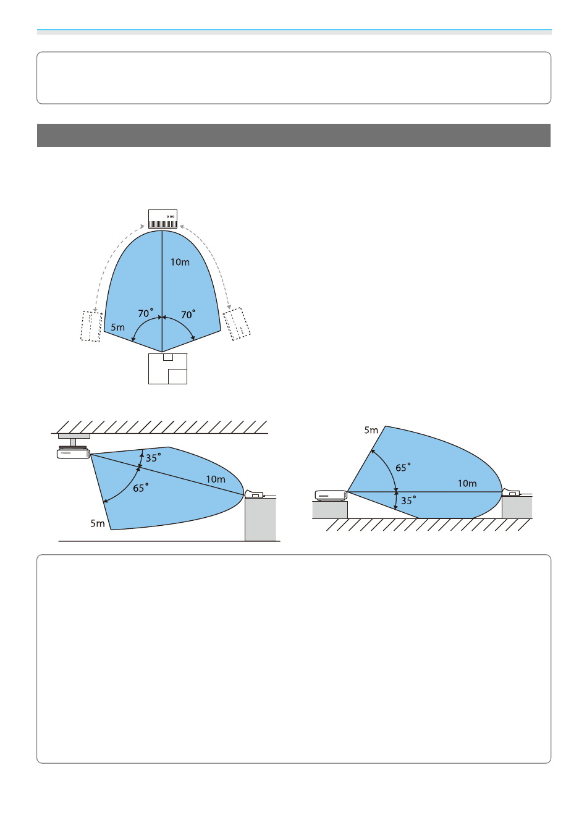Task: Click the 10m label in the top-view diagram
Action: click(x=180, y=263)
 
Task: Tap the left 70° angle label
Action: click(x=146, y=313)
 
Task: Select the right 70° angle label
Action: click(x=188, y=315)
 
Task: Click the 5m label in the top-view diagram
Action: click(x=117, y=327)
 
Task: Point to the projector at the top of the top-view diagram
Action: click(x=163, y=219)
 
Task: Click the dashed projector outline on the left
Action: click(x=91, y=326)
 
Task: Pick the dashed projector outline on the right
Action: click(x=237, y=324)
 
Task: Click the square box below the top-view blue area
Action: click(x=167, y=369)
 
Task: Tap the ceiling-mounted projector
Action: click(x=74, y=453)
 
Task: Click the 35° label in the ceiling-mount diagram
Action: click(x=153, y=458)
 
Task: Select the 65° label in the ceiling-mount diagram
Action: click(x=141, y=488)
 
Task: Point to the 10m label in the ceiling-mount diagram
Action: click(x=216, y=479)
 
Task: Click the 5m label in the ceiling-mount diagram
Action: click(x=98, y=523)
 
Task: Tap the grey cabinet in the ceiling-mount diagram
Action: click(x=261, y=519)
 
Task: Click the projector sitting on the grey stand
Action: click(x=331, y=496)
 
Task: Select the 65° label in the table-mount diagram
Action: click(x=403, y=467)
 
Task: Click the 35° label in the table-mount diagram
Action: click(x=408, y=500)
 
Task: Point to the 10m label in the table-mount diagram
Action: click(x=467, y=484)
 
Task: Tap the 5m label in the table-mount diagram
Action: click(x=371, y=430)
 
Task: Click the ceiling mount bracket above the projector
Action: click(x=74, y=440)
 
